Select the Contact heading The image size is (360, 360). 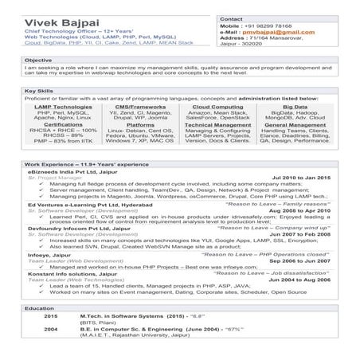pos(231,18)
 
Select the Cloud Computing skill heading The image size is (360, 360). pos(217,106)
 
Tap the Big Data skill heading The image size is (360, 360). pos(295,106)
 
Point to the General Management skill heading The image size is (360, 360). pos(294,125)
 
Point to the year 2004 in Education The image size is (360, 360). pos(50,327)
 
